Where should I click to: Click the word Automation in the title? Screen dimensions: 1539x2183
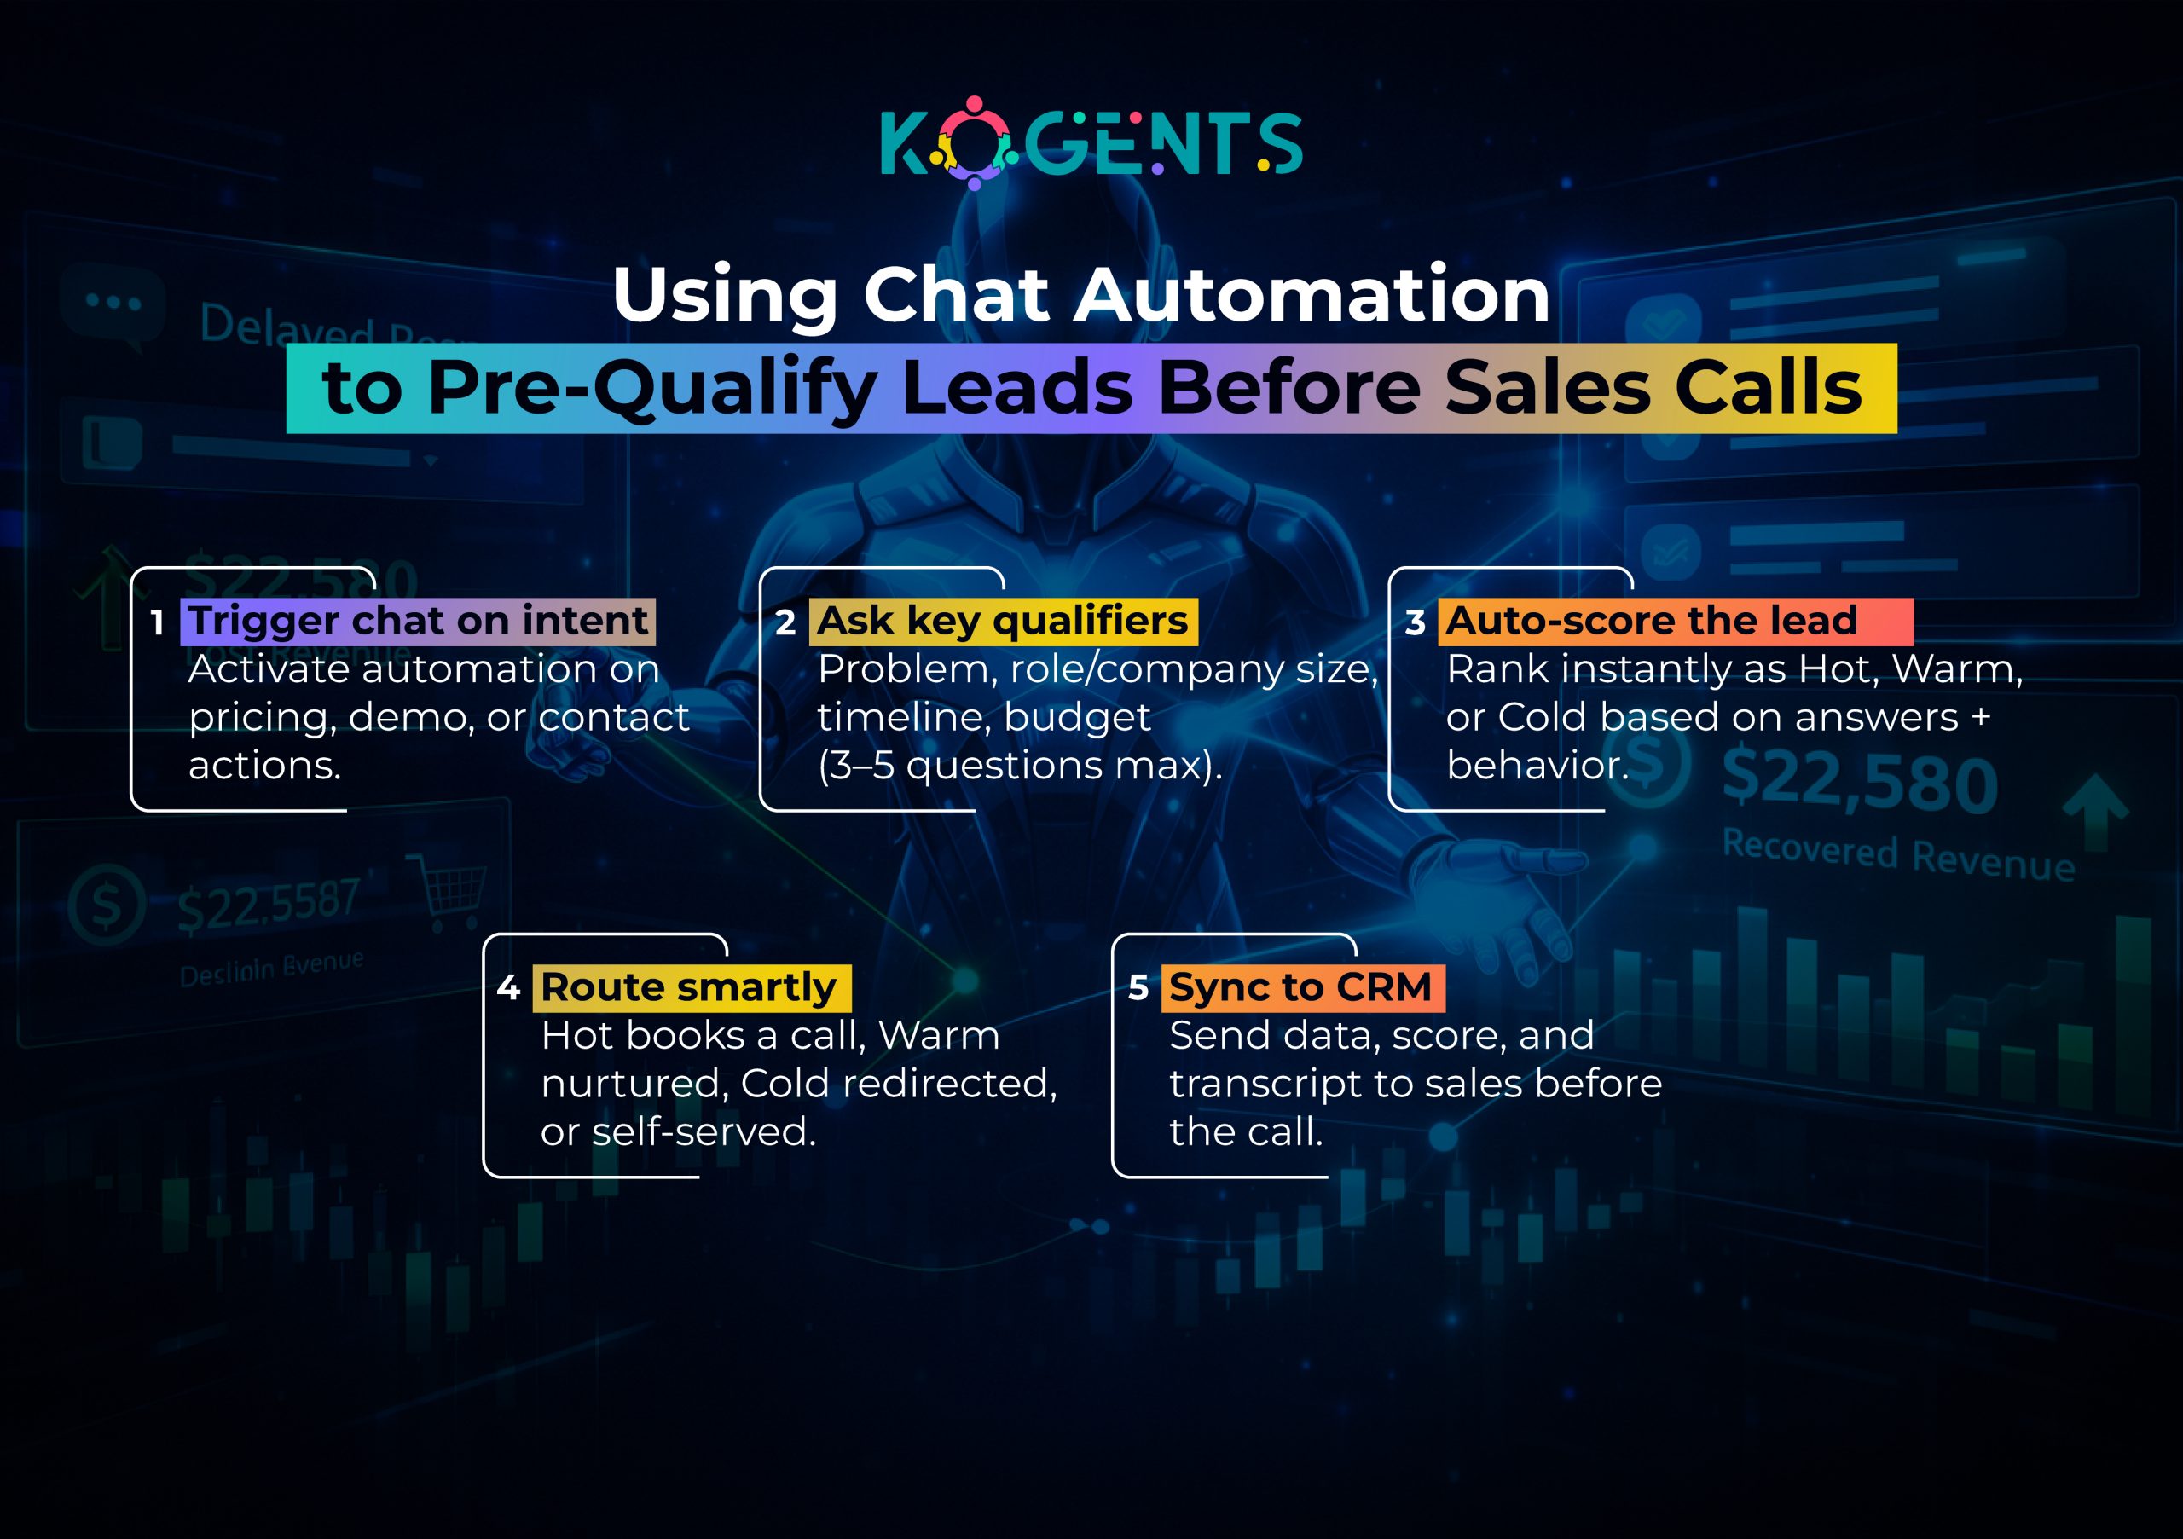1312,295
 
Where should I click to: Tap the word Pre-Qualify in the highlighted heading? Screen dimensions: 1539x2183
651,389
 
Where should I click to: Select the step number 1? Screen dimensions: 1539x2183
158,622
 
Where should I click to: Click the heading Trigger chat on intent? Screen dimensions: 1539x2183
419,621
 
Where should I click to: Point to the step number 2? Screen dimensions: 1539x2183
785,622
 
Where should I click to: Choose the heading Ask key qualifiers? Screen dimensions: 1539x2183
1002,621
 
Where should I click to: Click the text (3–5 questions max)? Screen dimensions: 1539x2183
1019,765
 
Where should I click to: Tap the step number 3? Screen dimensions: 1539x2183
1415,622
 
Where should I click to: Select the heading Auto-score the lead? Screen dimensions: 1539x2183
1652,621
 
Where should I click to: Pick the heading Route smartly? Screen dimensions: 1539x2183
688,986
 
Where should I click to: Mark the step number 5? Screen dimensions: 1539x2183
1138,988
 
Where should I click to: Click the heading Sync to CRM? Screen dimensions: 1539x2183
1300,986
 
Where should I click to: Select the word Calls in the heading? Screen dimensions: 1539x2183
1768,389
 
